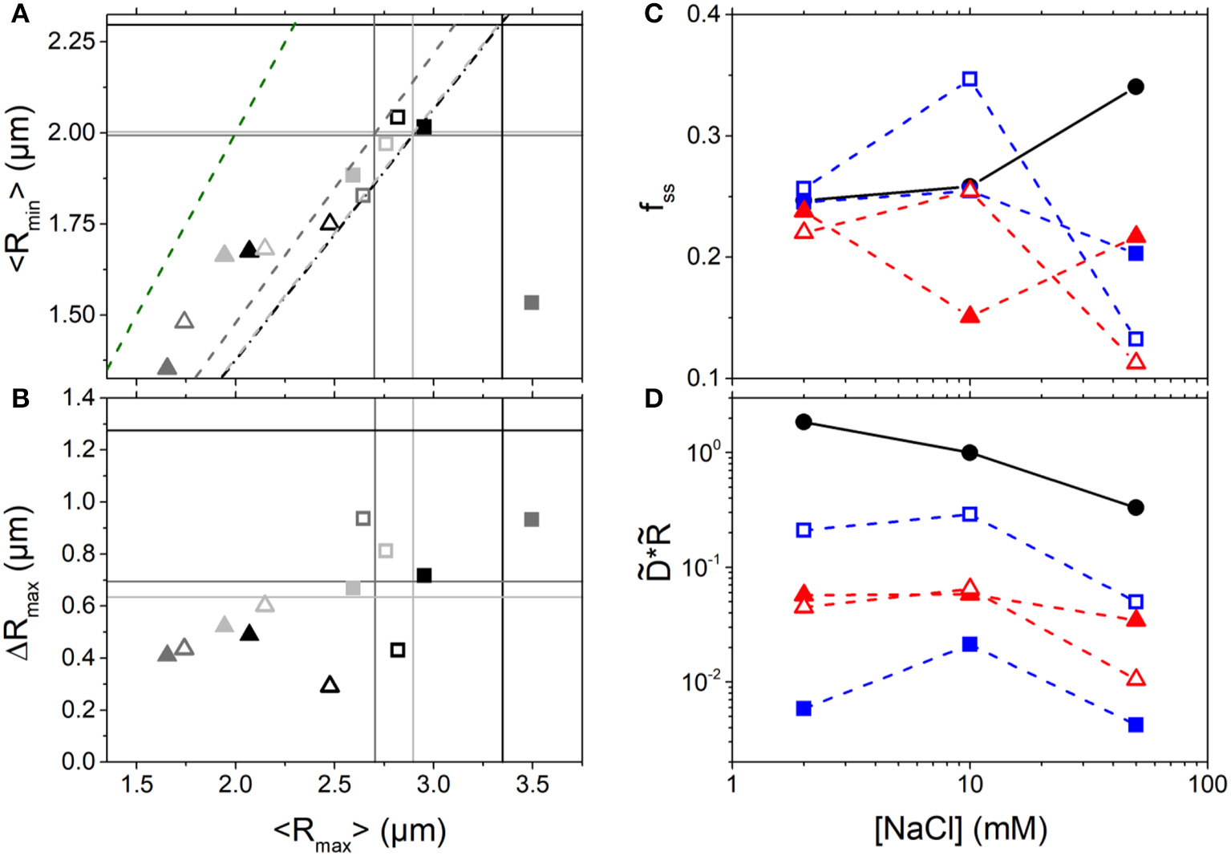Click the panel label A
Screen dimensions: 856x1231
(x=19, y=14)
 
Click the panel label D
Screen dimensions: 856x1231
(x=654, y=398)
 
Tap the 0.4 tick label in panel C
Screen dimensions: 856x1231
(x=705, y=14)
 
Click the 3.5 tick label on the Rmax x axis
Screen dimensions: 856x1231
(x=532, y=784)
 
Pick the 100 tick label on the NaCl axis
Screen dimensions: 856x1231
(x=1207, y=784)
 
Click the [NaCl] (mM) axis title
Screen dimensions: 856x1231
(x=961, y=828)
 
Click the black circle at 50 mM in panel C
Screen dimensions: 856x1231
(x=1136, y=87)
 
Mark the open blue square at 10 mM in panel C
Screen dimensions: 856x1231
(x=970, y=79)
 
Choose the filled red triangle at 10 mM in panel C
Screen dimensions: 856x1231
(x=970, y=315)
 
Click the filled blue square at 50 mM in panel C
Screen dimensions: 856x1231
(x=1136, y=254)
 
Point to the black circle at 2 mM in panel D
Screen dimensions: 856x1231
(x=804, y=422)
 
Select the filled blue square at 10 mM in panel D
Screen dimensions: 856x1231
(x=970, y=644)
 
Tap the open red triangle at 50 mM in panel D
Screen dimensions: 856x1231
(x=1136, y=679)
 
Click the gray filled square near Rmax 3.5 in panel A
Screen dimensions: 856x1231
(x=531, y=302)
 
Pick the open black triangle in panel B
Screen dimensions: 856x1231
(x=330, y=685)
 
